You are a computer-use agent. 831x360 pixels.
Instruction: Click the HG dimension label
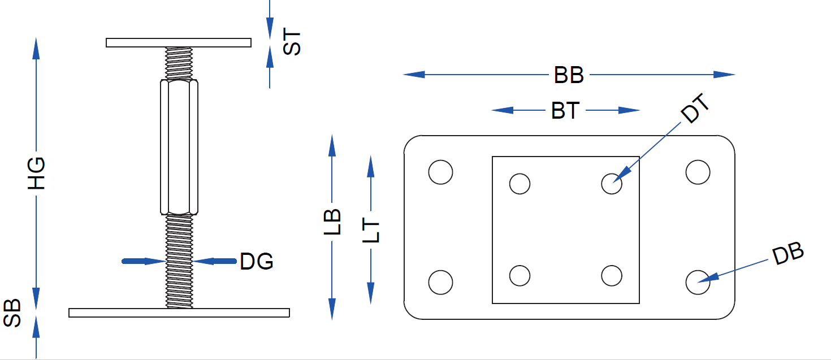(36, 173)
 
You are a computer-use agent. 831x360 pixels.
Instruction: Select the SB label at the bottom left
(12, 313)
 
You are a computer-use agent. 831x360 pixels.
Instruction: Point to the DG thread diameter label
(257, 261)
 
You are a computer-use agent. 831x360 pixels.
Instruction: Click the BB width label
(569, 75)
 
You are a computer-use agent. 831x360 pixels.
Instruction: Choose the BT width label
(565, 111)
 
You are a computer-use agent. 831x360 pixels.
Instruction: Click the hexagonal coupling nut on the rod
(179, 147)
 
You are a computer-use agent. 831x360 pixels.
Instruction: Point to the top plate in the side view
(179, 42)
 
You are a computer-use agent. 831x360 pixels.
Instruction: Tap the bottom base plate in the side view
(179, 313)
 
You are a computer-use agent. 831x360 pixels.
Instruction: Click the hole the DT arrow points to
(612, 183)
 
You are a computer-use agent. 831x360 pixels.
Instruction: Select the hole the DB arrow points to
(698, 281)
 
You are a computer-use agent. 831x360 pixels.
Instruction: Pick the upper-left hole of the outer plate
(440, 172)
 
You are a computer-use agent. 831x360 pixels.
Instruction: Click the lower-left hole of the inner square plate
(520, 276)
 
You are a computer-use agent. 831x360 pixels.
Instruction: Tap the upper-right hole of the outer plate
(698, 172)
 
